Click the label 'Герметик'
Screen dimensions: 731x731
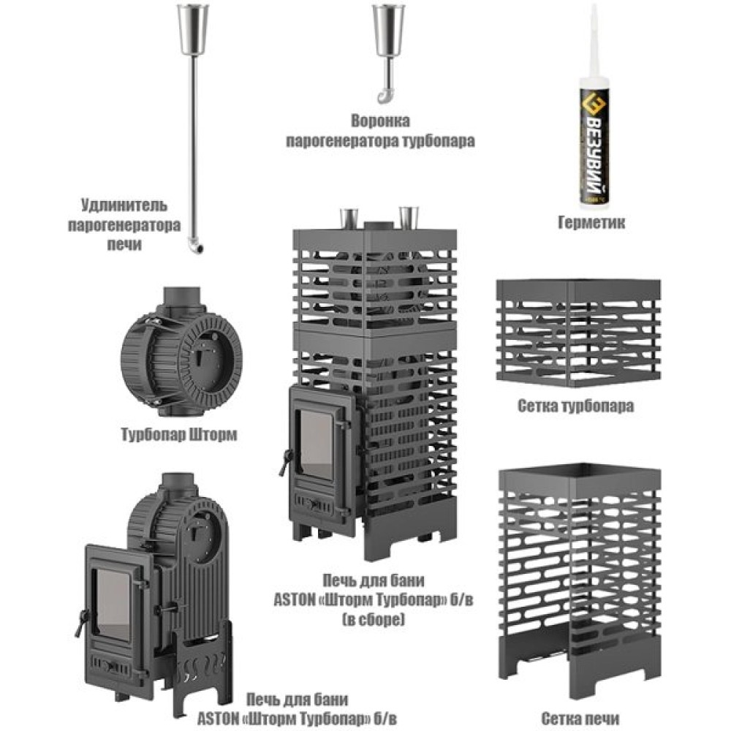point(591,222)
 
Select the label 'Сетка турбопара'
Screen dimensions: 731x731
point(576,406)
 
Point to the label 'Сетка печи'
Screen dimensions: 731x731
point(580,719)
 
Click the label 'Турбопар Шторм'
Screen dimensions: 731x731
point(179,434)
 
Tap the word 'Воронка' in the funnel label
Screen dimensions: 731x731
point(380,121)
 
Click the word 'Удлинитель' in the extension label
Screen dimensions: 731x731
point(124,205)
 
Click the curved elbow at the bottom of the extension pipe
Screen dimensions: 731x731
point(196,246)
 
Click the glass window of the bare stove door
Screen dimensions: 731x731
point(112,605)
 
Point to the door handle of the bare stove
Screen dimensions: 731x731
point(82,622)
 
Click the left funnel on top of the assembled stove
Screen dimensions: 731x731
point(348,218)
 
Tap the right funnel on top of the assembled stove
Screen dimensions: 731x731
point(409,218)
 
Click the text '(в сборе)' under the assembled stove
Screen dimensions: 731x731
point(374,620)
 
